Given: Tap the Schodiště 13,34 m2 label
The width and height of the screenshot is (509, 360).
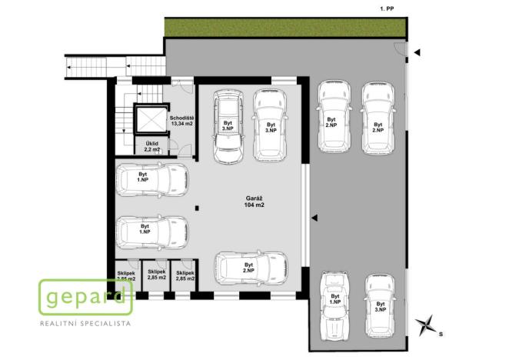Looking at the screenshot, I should click(182, 121).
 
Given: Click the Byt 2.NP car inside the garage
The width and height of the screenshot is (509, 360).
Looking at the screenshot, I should click(251, 268).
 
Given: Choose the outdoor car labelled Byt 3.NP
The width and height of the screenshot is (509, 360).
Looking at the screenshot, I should click(381, 305).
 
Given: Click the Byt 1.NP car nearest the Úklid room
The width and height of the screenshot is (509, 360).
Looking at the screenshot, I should click(151, 179).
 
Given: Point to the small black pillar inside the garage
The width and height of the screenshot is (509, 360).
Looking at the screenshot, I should click(198, 206).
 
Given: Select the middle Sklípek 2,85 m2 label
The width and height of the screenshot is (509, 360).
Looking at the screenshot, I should click(157, 276).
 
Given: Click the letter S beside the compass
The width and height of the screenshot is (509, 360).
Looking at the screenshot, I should click(441, 335).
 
